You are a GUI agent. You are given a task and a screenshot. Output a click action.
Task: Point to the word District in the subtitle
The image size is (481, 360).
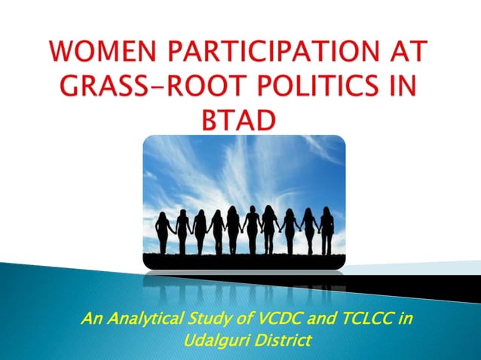pyautogui.click(x=281, y=340)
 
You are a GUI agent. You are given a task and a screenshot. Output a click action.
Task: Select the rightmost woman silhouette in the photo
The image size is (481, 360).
pyautogui.click(x=326, y=230)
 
